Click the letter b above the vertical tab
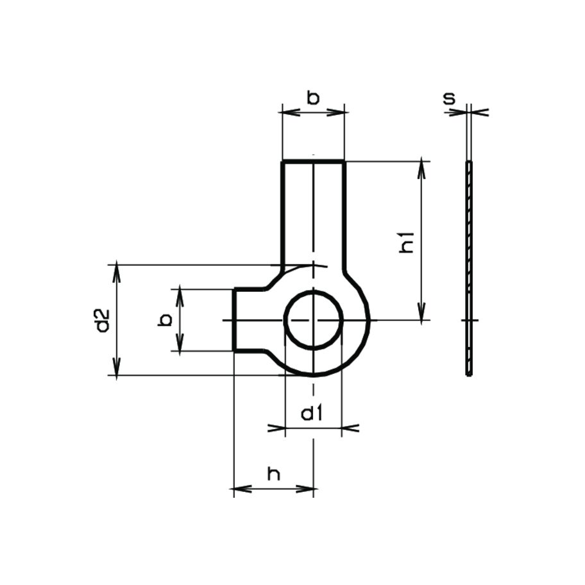coord(312,98)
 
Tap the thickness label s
coord(450,98)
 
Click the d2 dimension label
coord(101,321)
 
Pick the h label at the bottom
coord(274,475)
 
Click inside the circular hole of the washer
coord(314,319)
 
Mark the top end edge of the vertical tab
coord(314,162)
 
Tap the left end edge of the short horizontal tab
coord(234,320)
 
